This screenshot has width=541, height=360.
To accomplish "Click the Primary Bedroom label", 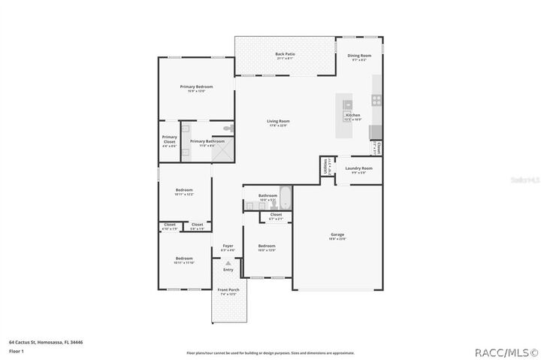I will [196, 87].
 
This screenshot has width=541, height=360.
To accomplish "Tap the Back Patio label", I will [284, 55].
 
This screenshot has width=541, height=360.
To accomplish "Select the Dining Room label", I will [359, 56].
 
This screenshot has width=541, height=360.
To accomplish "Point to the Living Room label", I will [278, 122].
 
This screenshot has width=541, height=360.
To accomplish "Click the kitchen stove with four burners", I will [376, 99].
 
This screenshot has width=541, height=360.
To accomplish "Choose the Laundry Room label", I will [358, 168].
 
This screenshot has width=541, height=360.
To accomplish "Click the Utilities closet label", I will [325, 166].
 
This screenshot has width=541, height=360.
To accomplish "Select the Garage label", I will [337, 235].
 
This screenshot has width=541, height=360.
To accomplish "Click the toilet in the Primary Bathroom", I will [230, 130].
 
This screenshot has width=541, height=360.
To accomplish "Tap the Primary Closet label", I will [169, 140].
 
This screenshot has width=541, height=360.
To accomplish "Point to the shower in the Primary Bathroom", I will [223, 151].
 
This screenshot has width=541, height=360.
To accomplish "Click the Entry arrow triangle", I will [228, 264].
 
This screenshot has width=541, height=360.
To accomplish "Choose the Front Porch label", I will [228, 290].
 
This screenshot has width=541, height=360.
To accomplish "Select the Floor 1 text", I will [16, 351].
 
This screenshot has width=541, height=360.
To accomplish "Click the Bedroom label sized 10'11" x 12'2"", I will [184, 191].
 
